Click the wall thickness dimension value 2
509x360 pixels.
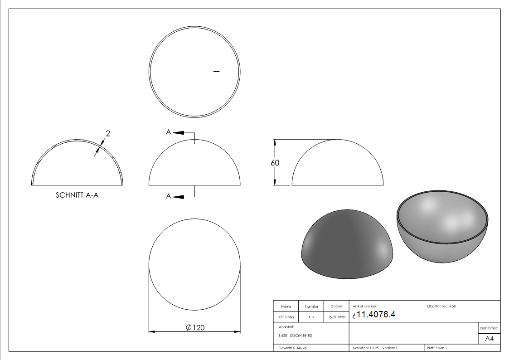pyautogui.click(x=108, y=133)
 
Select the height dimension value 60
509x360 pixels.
pyautogui.click(x=275, y=163)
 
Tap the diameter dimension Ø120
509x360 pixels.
pyautogui.click(x=195, y=328)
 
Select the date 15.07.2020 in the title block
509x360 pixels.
pyautogui.click(x=336, y=317)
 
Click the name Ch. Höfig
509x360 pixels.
pyautogui.click(x=286, y=317)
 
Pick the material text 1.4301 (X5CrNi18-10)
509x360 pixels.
pyautogui.click(x=295, y=336)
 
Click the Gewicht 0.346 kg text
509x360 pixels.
pyautogui.click(x=292, y=348)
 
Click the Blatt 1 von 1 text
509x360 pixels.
pyautogui.click(x=437, y=348)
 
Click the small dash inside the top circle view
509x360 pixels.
pyautogui.click(x=216, y=71)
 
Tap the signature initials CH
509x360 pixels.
pyautogui.click(x=311, y=317)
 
